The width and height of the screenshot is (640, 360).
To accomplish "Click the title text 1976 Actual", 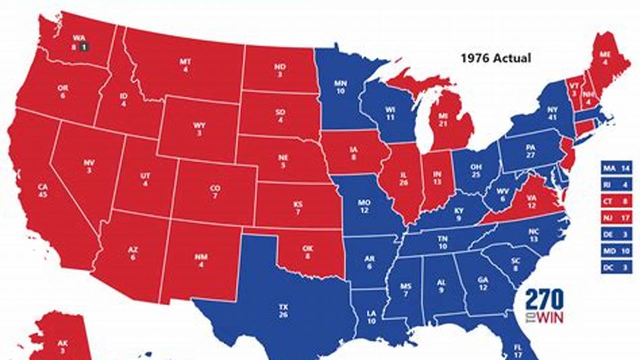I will tap(495, 58).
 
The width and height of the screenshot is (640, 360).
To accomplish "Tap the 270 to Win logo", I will tap(544, 305).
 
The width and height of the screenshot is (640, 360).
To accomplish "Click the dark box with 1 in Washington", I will tap(84, 47).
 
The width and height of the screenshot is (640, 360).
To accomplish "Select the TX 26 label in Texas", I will tap(283, 311).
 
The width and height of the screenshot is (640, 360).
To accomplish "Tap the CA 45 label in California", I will tap(43, 190).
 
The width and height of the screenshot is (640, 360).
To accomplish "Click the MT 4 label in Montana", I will tap(185, 65).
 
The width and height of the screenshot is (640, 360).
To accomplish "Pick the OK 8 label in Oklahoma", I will tap(307, 251).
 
